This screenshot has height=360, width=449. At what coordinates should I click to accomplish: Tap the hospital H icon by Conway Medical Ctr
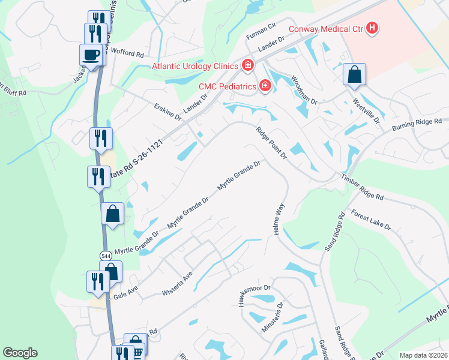click(x=372, y=28)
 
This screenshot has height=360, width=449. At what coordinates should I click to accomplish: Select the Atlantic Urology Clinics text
click(x=196, y=66)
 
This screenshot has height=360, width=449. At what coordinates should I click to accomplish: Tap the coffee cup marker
click(x=91, y=55)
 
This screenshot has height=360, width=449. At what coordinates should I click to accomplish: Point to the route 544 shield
click(x=106, y=256)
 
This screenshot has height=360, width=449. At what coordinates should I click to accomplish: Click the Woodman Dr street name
click(x=304, y=90)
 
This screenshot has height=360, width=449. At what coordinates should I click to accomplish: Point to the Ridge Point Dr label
click(x=272, y=143)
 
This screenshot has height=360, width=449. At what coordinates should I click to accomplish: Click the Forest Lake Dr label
click(x=371, y=220)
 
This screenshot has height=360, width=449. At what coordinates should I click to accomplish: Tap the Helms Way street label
click(x=279, y=219)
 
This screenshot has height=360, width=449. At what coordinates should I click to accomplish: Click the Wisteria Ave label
click(x=177, y=285)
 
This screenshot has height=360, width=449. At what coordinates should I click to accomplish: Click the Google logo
click(x=20, y=353)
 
